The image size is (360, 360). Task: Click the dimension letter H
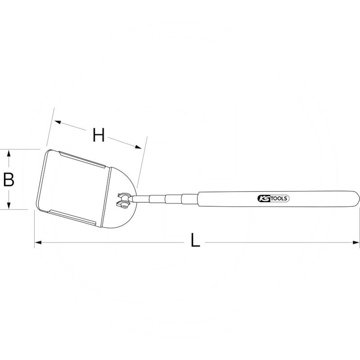coord(99,135)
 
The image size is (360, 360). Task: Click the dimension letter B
coord(9,180)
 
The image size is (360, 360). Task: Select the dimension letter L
coord(194,241)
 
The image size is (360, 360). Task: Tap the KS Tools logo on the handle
coord(273,198)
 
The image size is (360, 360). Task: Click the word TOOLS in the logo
coord(278,198)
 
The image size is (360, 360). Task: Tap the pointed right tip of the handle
coord(358,196)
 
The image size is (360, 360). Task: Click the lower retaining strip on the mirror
coord(72,216)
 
